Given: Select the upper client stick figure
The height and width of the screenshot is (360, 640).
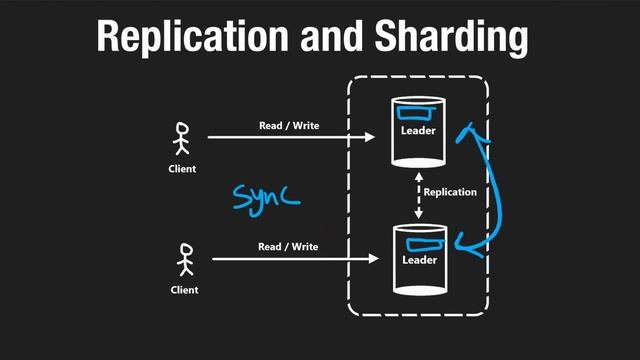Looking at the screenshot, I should [182, 140].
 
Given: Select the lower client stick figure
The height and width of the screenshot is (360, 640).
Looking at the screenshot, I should [184, 259].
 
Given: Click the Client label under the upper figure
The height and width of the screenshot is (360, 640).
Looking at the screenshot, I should [182, 169].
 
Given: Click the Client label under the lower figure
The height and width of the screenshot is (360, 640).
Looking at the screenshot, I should [183, 290].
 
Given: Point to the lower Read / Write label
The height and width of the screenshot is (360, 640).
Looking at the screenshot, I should [288, 246].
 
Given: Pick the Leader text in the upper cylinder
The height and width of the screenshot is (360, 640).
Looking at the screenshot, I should [419, 130].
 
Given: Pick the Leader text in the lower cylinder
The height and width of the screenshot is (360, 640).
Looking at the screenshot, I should [420, 260].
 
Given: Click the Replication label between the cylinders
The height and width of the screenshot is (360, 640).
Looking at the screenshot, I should [450, 192].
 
